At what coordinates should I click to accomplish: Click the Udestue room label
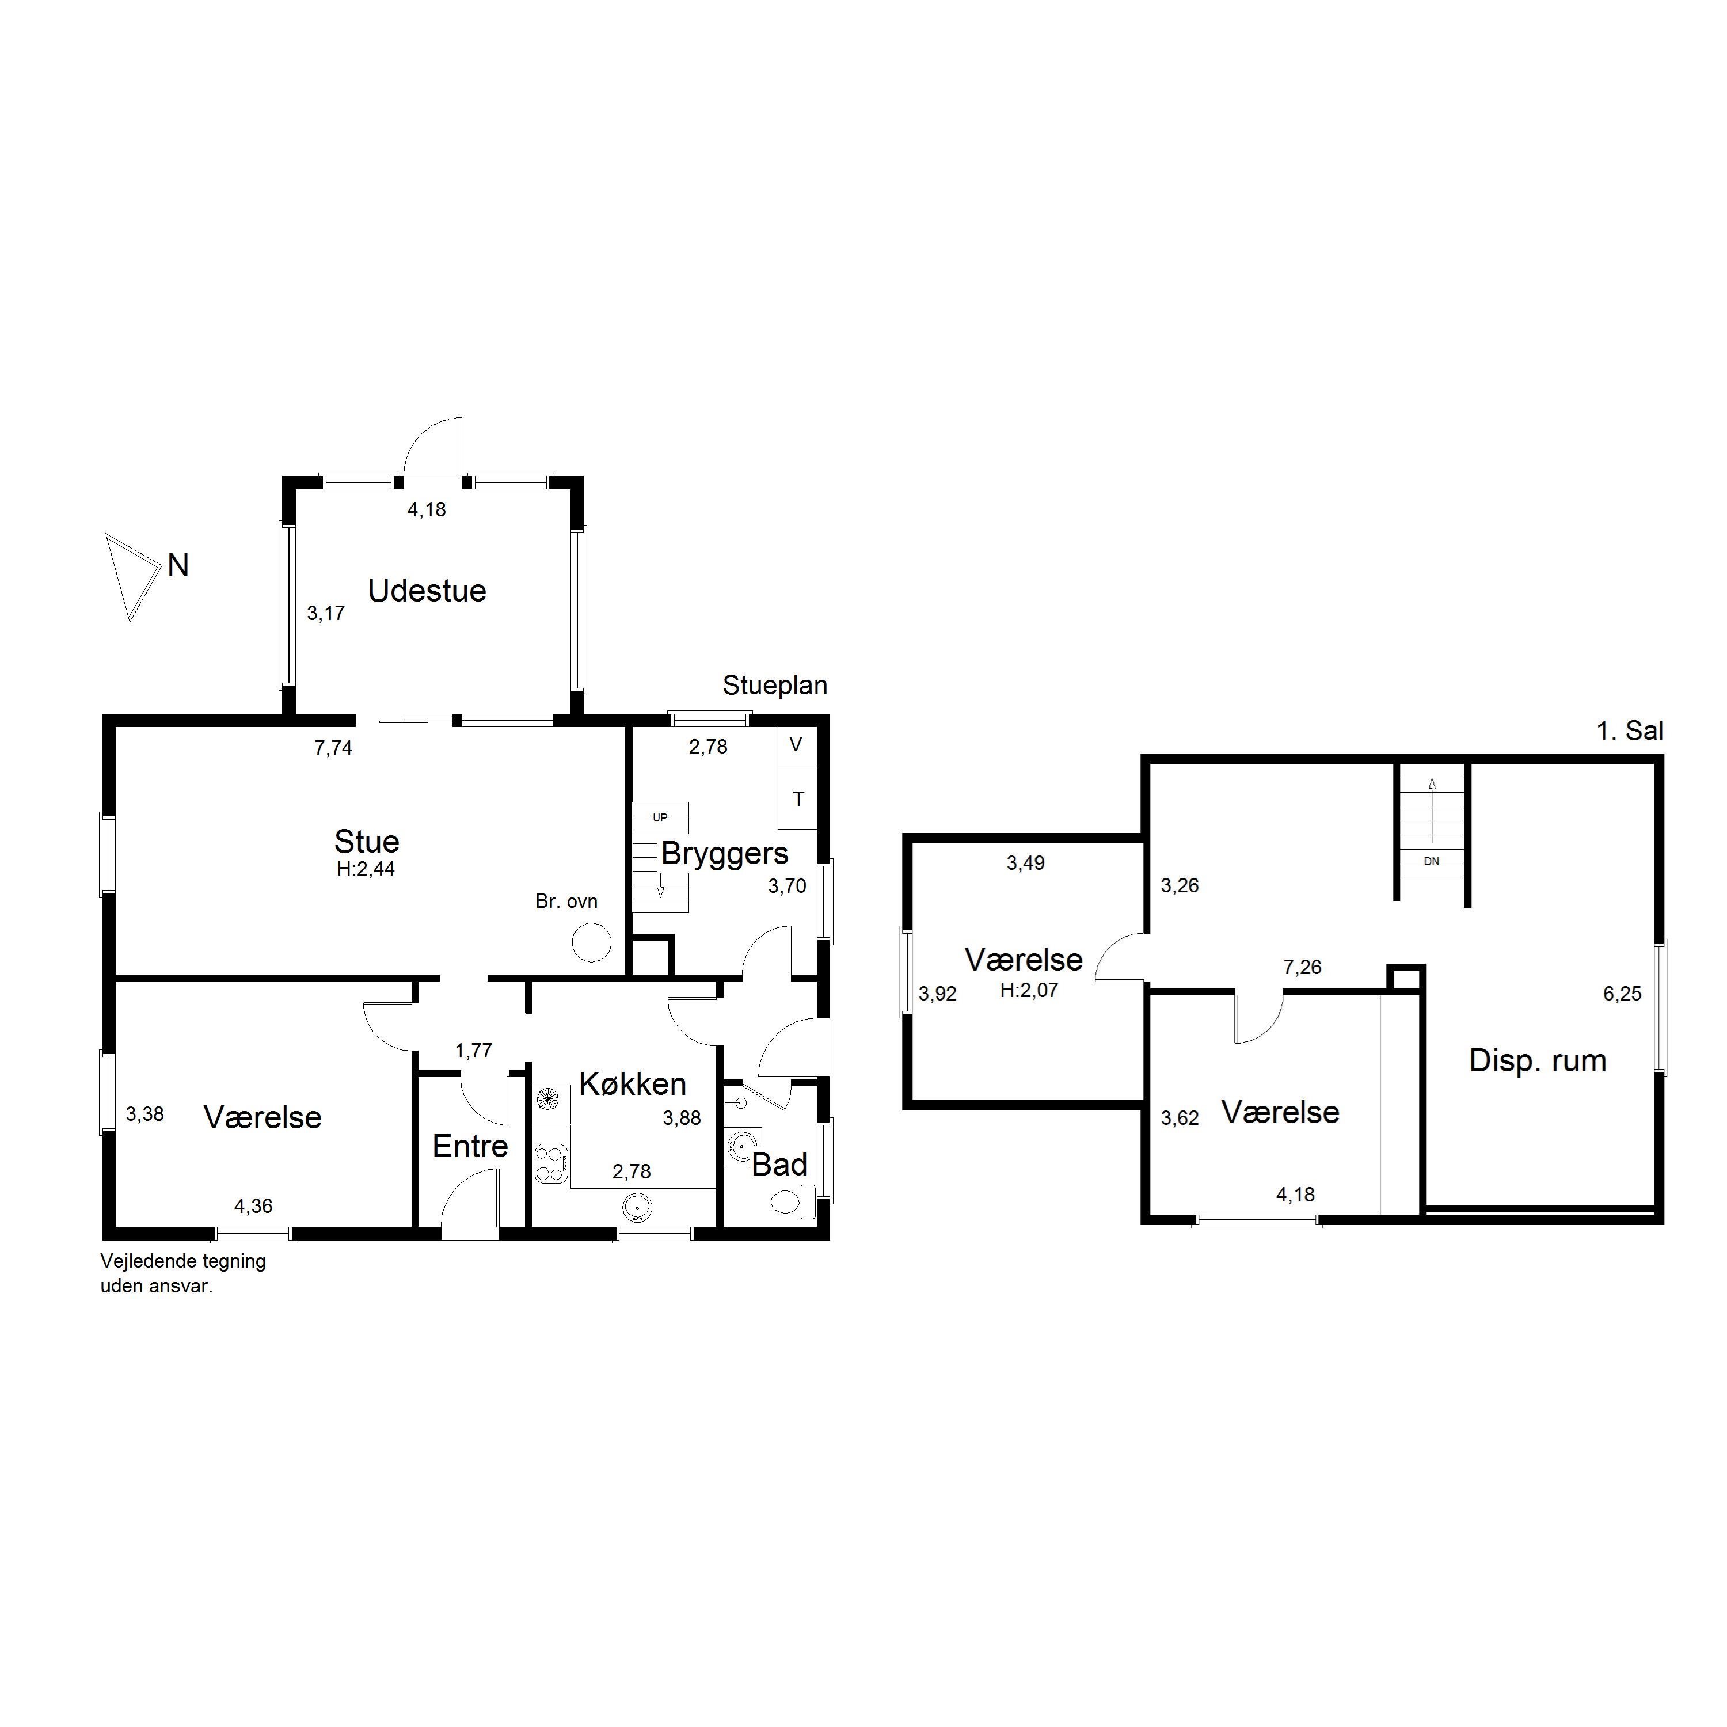pyautogui.click(x=427, y=591)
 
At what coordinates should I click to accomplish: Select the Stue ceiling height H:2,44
pyautogui.click(x=366, y=868)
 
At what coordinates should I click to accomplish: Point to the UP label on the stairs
pyautogui.click(x=660, y=817)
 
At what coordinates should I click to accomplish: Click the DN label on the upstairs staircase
pyautogui.click(x=1431, y=862)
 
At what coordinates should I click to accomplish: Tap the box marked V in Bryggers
pyautogui.click(x=797, y=744)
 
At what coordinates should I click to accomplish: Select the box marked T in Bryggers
pyautogui.click(x=797, y=798)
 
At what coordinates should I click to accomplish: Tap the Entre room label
pyautogui.click(x=470, y=1147)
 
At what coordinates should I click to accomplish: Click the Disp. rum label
pyautogui.click(x=1538, y=1060)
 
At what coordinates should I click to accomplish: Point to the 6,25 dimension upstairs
pyautogui.click(x=1622, y=993)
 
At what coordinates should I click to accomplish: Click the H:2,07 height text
pyautogui.click(x=1029, y=990)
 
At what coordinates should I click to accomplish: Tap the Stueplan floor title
pyautogui.click(x=775, y=686)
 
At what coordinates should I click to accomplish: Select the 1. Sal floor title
pyautogui.click(x=1630, y=731)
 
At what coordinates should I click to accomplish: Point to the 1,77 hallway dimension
pyautogui.click(x=474, y=1051)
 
